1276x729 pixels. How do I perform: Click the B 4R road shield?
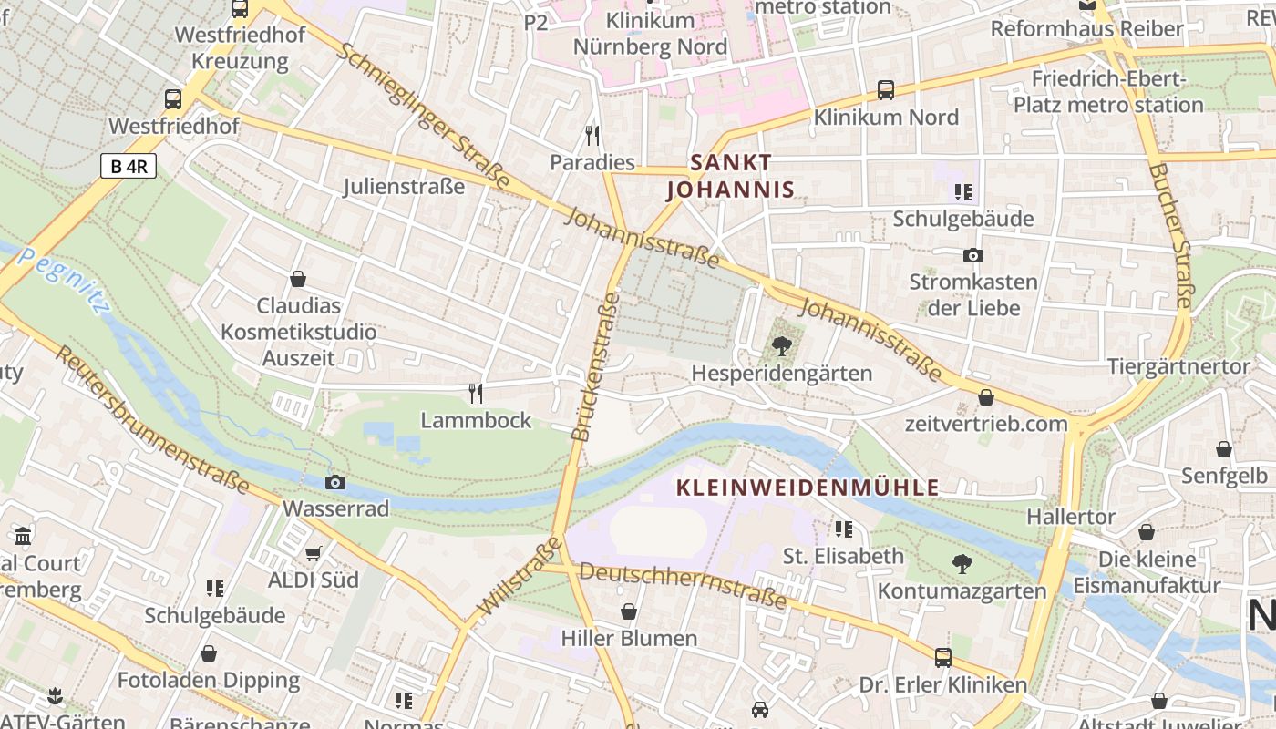[x=129, y=167]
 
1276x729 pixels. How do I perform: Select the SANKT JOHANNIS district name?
[x=731, y=176]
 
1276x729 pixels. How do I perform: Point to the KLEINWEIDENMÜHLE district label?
[x=808, y=488]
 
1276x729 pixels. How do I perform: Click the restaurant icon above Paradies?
[x=592, y=136]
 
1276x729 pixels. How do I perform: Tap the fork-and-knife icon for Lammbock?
[x=475, y=393]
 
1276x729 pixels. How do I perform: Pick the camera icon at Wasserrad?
[x=335, y=482]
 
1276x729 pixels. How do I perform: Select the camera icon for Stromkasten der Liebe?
[x=972, y=255]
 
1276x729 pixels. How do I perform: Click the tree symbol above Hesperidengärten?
[x=781, y=346]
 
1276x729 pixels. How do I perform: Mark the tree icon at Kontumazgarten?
[x=962, y=564]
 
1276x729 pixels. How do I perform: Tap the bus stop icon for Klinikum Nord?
[x=885, y=90]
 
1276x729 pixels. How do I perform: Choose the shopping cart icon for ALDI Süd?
[x=314, y=553]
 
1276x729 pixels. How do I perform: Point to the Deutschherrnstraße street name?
[x=683, y=585]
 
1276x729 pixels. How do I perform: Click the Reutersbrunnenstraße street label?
[x=151, y=419]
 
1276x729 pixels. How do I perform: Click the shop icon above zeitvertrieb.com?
[x=985, y=397]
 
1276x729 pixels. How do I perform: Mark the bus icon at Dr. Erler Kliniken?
[x=942, y=657]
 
